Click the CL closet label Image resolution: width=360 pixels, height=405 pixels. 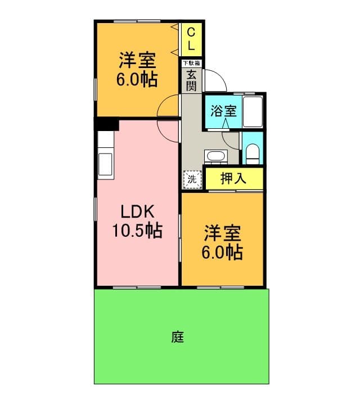coord(191,39)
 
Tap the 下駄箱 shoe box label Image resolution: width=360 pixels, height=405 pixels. coord(192,63)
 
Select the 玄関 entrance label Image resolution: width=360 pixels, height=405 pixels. coord(191,80)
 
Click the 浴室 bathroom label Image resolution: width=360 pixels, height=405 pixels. coord(223,111)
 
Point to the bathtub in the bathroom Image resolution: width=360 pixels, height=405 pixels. coord(253,111)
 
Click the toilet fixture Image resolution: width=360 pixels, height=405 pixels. coord(253,154)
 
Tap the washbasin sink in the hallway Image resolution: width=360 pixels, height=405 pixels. coord(216,156)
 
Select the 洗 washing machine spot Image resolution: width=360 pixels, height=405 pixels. coord(192,179)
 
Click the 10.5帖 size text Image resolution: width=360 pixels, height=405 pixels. coord(137,231)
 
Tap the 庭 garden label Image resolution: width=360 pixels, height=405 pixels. coord(178,337)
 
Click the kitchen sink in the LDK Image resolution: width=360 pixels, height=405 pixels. coord(105,164)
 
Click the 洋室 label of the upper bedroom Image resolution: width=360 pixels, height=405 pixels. coord(137,60)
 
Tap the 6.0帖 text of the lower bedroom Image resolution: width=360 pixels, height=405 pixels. coord(222,253)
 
